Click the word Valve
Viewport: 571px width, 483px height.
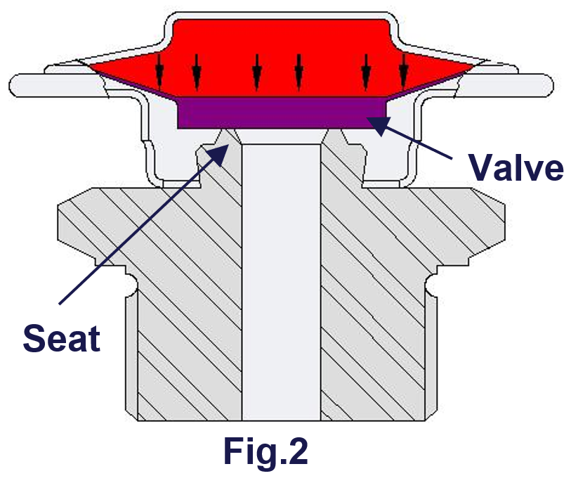(516, 167)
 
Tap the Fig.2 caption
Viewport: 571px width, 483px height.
(265, 451)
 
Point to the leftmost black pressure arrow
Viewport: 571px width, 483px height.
(161, 69)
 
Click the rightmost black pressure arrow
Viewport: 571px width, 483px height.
(403, 69)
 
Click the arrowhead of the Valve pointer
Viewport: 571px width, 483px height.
(379, 124)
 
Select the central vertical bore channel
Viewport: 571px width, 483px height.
(281, 281)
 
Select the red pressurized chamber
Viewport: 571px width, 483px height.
(281, 49)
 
